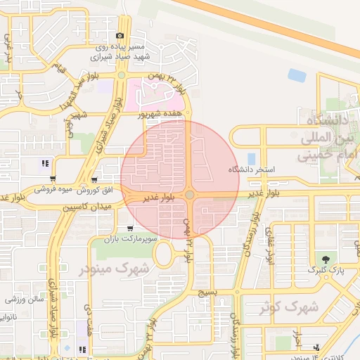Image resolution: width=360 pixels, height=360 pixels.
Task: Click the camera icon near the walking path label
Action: pos(120,36)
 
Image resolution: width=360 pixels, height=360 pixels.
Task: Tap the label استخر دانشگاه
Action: pos(251,170)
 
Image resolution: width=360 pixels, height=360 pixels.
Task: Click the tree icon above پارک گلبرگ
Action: pos(324,259)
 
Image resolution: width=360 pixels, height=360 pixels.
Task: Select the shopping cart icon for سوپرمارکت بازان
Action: pos(131,229)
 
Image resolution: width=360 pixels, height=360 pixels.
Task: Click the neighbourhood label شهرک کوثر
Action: pos(289,307)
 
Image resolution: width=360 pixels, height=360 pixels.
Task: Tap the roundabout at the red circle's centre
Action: pos(190,195)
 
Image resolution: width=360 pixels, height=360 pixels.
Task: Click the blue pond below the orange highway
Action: pos(297,75)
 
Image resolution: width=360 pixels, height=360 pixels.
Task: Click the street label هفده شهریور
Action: pos(160,112)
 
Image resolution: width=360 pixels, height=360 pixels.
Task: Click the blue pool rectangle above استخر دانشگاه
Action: pos(252,159)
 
